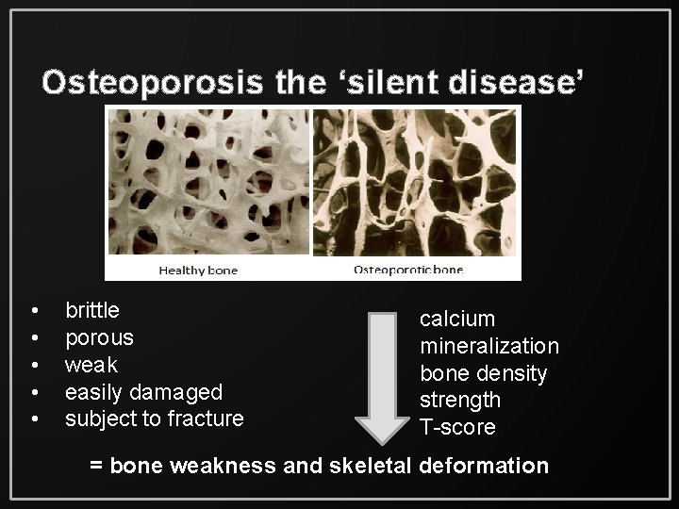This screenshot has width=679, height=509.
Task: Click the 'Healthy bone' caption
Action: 198,271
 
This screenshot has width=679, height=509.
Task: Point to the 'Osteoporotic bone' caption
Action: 407,271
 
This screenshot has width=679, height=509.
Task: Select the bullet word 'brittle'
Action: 91,309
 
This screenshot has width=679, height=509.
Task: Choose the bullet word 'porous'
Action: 99,337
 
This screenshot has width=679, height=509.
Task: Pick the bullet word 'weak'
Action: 91,364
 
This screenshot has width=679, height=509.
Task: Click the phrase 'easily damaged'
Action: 143,391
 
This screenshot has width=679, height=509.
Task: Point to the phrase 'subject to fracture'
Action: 154,418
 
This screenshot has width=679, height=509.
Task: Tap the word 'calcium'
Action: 457,319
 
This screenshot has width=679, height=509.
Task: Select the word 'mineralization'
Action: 489,346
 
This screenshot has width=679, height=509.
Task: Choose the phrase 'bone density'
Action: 483,373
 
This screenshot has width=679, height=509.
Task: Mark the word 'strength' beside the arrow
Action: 460,400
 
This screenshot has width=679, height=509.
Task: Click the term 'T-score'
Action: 457,427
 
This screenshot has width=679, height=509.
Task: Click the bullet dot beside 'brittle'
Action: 35,310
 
